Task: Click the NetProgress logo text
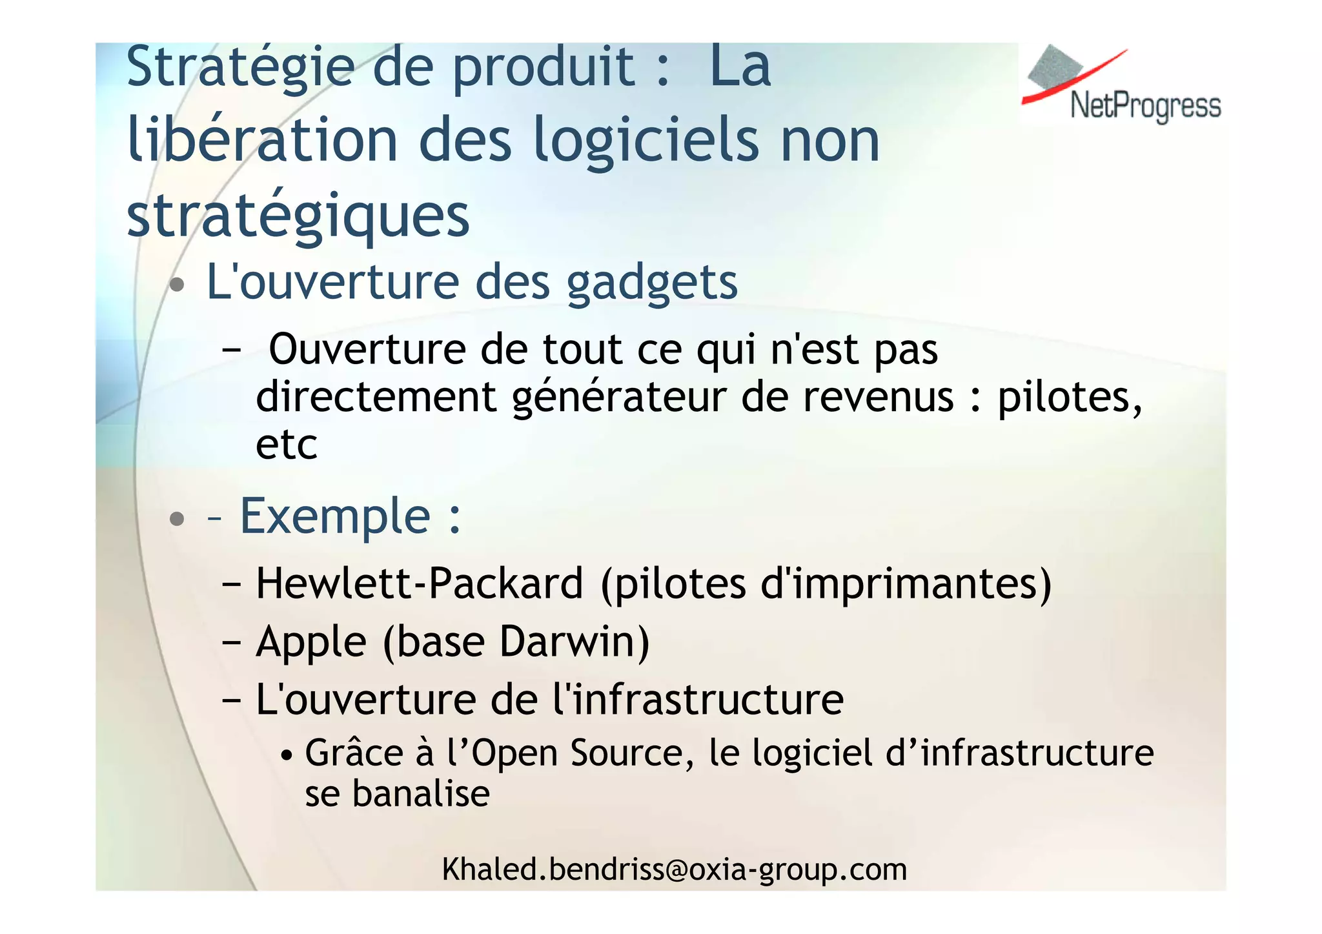point(1145,106)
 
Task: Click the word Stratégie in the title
point(241,67)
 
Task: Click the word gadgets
point(652,283)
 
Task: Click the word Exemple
point(335,516)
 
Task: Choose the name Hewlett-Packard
point(420,584)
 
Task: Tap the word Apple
point(311,642)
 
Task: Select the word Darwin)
point(575,642)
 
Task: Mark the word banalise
point(421,794)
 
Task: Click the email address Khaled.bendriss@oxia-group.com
point(675,869)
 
